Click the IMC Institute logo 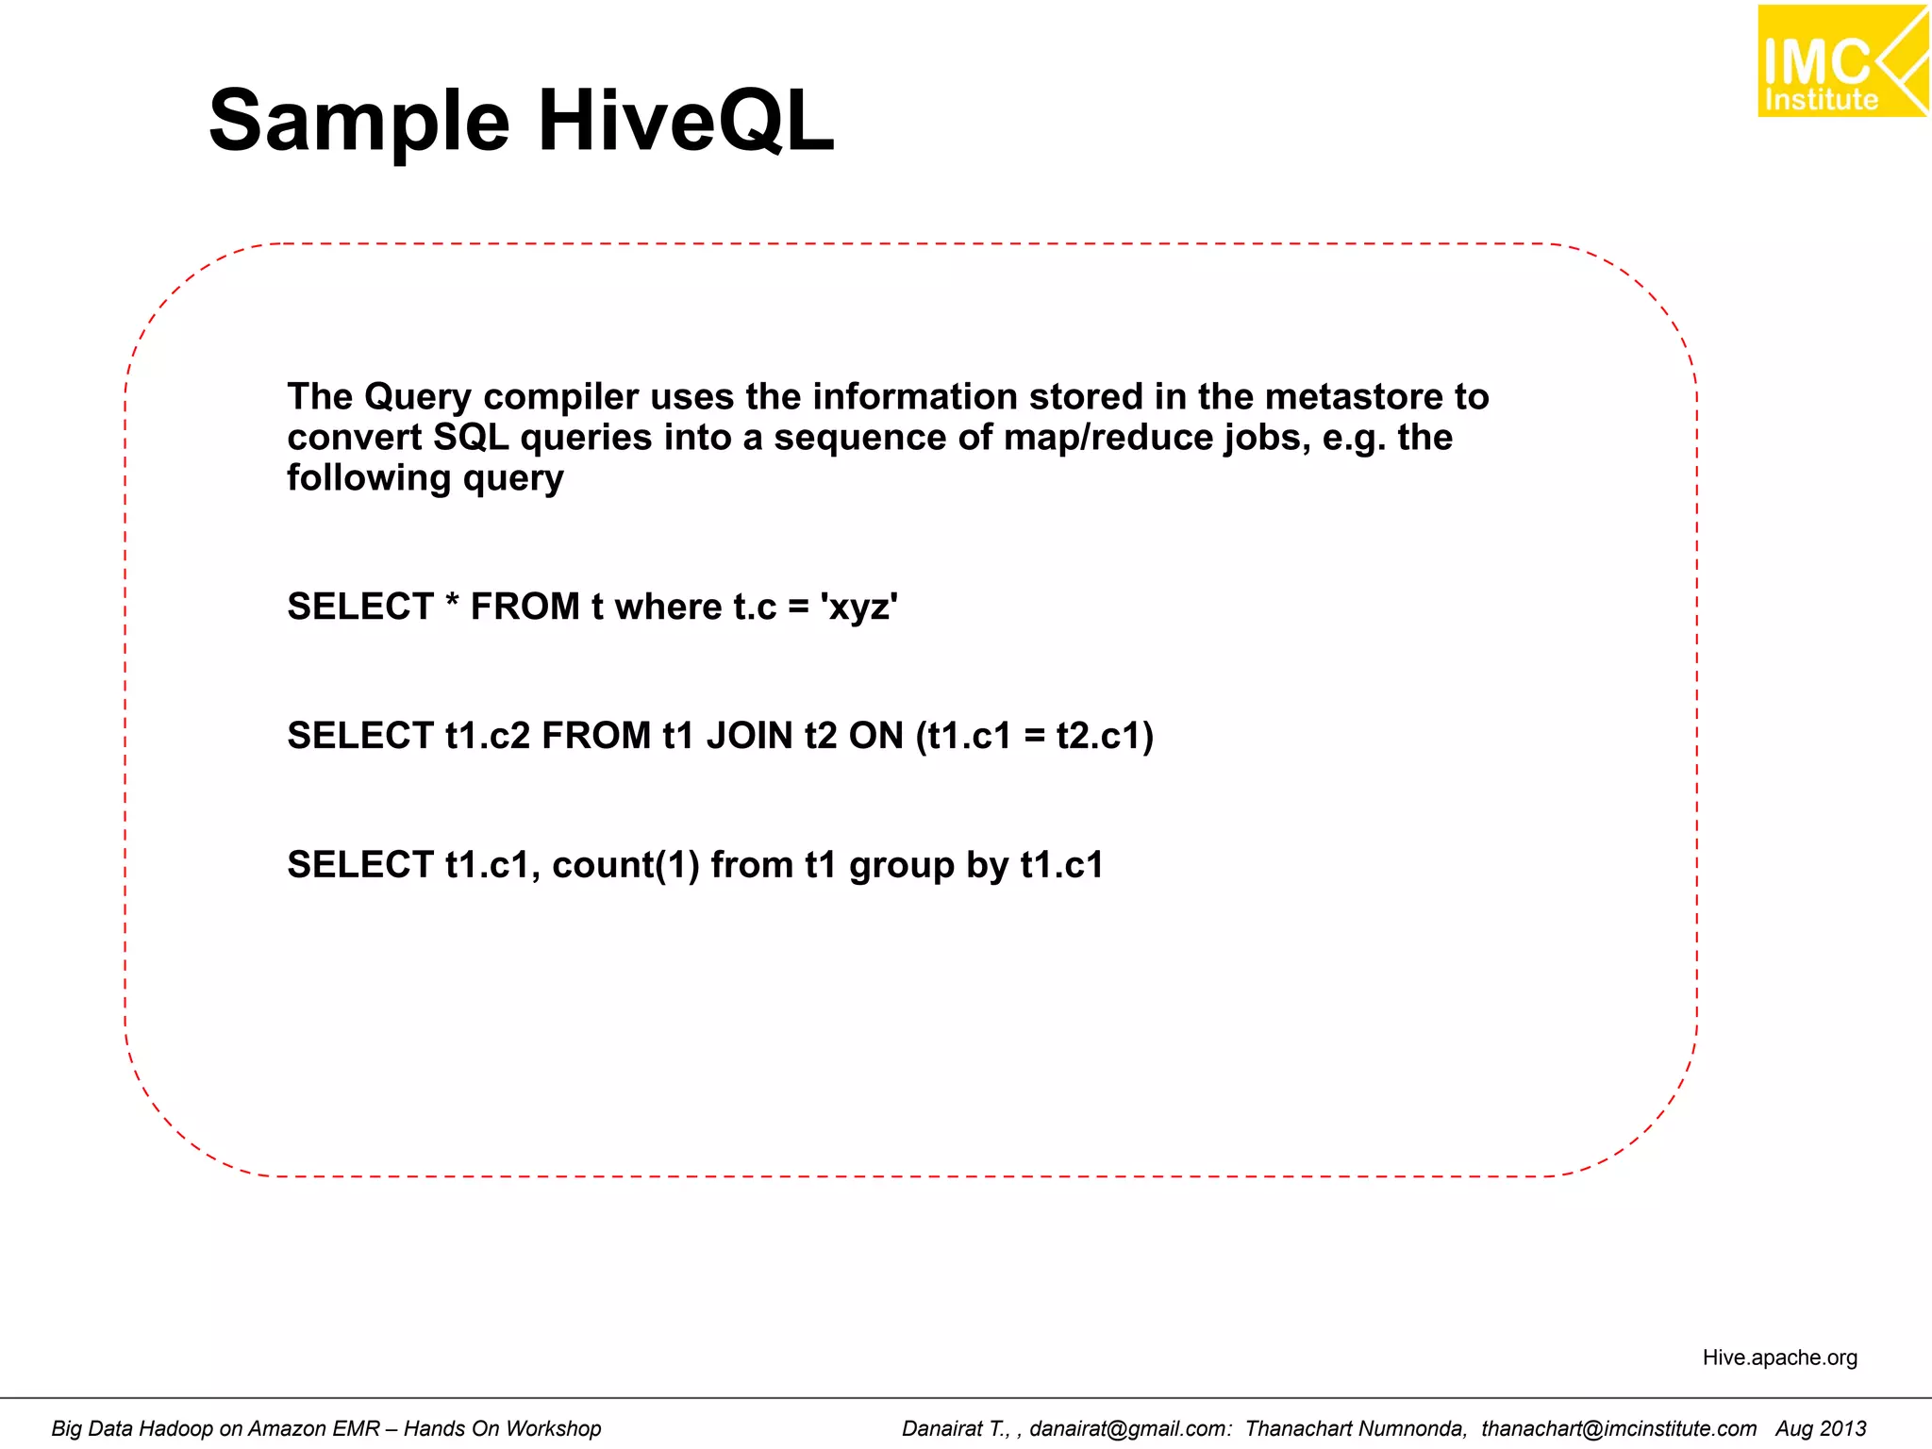(x=1841, y=61)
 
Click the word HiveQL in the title (x=686, y=121)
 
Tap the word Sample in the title (x=358, y=121)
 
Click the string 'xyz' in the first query (x=858, y=607)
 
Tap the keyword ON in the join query (x=875, y=736)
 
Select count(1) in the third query (x=625, y=865)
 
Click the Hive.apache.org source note (x=1779, y=1357)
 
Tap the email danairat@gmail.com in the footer (x=1129, y=1428)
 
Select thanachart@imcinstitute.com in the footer (x=1618, y=1428)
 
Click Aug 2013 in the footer (x=1821, y=1428)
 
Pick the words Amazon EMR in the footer (x=313, y=1428)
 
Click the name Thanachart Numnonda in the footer (x=1356, y=1428)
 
